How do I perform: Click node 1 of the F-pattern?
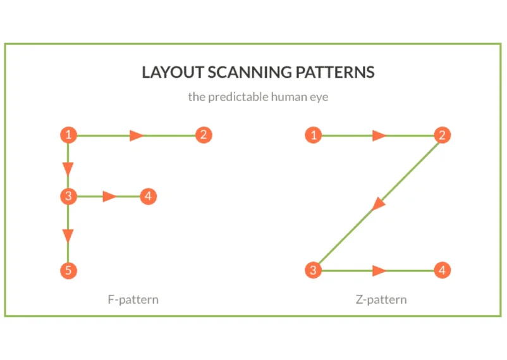pos(68,135)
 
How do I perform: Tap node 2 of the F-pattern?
pos(203,135)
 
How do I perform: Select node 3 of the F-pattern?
pos(68,196)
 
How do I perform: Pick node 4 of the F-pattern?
pos(147,196)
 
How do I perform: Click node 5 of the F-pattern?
pos(68,271)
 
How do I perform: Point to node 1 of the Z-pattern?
pos(313,135)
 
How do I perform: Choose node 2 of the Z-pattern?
pos(443,135)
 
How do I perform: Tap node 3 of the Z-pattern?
pos(313,271)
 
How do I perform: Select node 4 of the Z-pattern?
pos(443,271)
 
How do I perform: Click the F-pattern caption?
pos(133,299)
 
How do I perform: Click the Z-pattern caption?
pos(381,299)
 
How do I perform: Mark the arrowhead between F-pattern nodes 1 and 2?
pos(136,135)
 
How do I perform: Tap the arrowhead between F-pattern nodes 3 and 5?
pos(68,236)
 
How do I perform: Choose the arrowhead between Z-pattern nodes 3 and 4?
pos(379,271)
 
